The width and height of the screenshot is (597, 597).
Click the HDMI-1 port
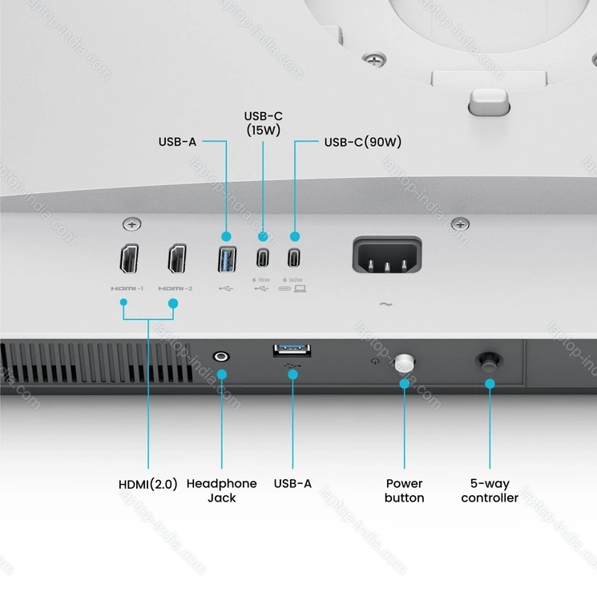coord(129,260)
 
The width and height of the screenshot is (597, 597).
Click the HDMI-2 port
coord(177,260)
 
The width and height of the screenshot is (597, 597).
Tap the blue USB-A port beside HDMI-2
coord(226,260)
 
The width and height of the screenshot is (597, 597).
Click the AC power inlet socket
coord(387,260)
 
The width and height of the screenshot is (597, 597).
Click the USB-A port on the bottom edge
coord(292,350)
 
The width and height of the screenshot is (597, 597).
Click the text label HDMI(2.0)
coord(148,484)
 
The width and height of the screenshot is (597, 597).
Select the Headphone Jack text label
coord(222,490)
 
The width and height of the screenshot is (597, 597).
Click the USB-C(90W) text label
coord(362,143)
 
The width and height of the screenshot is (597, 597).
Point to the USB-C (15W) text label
coord(263,123)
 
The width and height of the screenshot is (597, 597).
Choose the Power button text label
coord(405,490)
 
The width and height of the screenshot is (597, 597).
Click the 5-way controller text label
coord(489,490)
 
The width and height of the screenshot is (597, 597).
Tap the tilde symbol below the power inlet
coord(386,305)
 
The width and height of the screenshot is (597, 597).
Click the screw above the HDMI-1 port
coord(131,224)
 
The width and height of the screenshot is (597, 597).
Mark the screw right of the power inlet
coord(460,224)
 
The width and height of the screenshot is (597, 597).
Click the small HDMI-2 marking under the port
coord(175,288)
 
